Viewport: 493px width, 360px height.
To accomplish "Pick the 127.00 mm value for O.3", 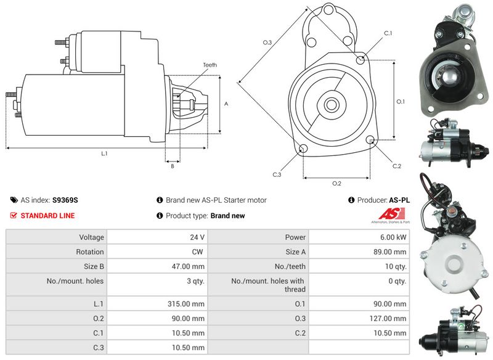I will [x=391, y=319].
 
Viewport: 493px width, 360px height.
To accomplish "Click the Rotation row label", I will [x=91, y=252].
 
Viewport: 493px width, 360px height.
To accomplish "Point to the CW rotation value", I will [x=198, y=252].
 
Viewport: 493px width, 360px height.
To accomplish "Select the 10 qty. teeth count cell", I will [x=395, y=266].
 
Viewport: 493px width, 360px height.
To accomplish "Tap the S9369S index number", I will [x=65, y=200].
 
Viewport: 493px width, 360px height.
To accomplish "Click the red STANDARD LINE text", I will [x=47, y=216].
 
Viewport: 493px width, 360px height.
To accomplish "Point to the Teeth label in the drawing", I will [x=210, y=65].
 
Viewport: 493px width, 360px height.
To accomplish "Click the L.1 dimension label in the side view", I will [x=104, y=153].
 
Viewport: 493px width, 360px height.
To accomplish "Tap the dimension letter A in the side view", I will [x=226, y=104].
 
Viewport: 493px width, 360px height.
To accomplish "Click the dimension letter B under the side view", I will [x=172, y=166].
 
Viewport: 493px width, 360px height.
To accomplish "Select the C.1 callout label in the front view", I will [x=388, y=33].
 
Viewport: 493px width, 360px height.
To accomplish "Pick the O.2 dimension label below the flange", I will [x=336, y=183].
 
